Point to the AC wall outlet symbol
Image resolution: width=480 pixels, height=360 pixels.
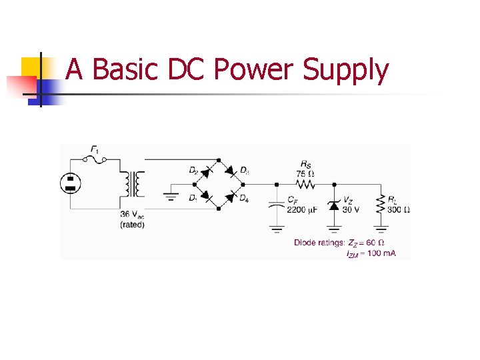[x=70, y=183]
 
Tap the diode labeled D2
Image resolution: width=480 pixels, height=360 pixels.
[x=206, y=171]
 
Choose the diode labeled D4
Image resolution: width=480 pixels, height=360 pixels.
[x=231, y=197]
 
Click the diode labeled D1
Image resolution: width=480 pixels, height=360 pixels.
[x=206, y=197]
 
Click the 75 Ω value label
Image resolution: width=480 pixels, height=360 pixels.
[x=305, y=173]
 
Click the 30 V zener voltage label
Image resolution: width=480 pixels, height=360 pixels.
[x=351, y=209]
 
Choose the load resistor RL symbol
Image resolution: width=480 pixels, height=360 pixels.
[x=381, y=205]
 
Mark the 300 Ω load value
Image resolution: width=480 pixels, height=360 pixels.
[x=399, y=209]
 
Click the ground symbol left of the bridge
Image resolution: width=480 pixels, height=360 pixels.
[x=171, y=197]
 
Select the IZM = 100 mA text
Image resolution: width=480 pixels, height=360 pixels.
[x=371, y=253]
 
